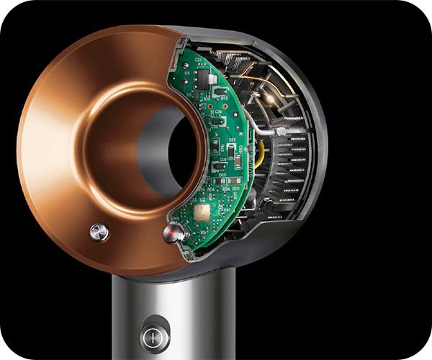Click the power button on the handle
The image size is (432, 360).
pos(154,335)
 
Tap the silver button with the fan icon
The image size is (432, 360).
pos(99,231)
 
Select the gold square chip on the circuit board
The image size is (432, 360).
pos(202,211)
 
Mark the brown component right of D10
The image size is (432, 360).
pos(235,179)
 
